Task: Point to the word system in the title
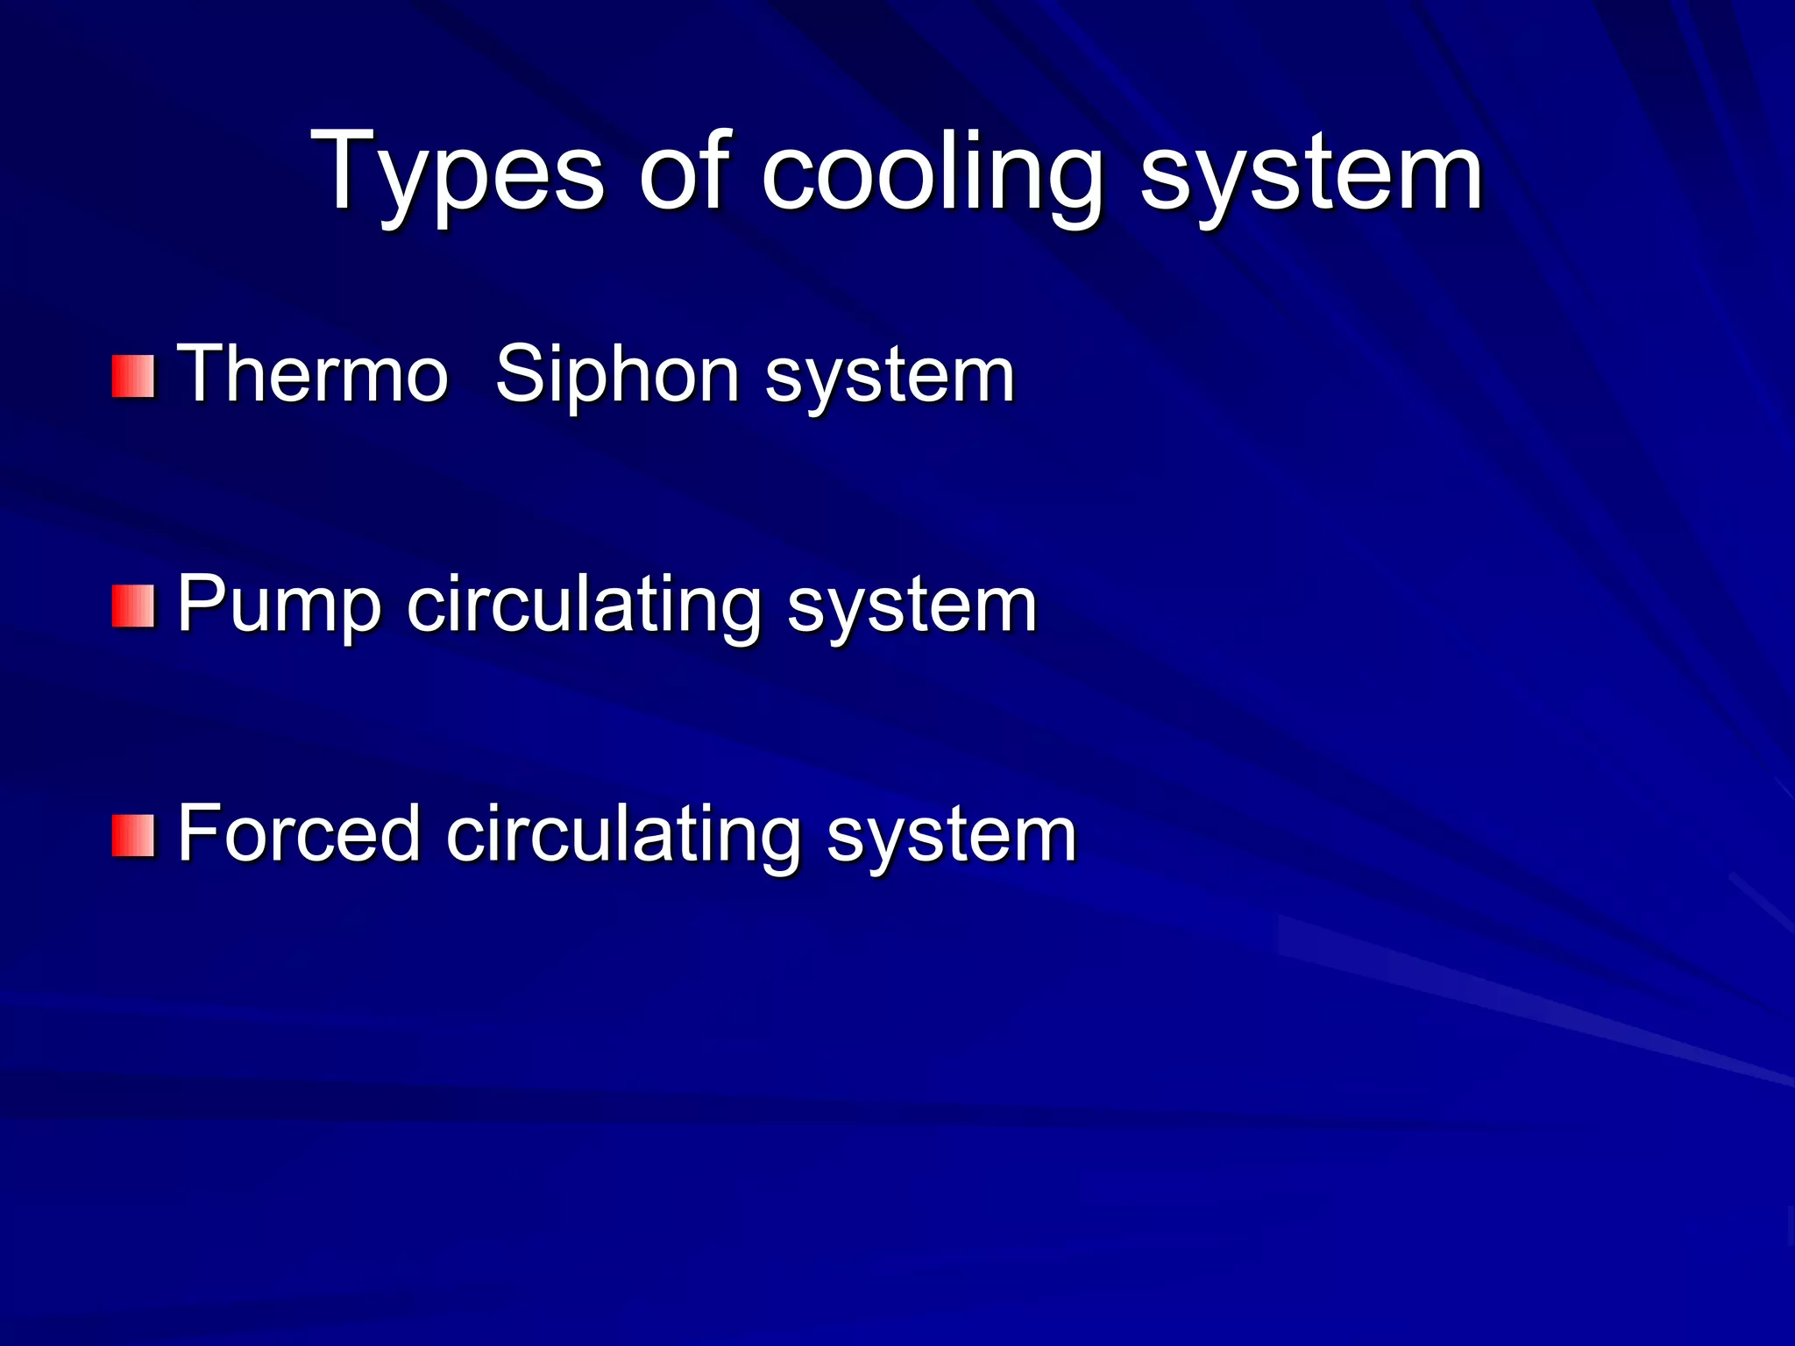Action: coord(1310,175)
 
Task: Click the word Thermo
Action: coord(313,374)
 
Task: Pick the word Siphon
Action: coord(617,374)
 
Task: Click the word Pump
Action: coord(279,605)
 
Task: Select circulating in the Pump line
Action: coord(584,605)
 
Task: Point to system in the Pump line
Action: coord(912,609)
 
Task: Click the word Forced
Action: coord(299,833)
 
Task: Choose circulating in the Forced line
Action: coord(623,833)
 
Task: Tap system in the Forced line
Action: coord(951,838)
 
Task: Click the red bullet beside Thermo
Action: coord(133,377)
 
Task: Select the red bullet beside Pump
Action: coord(133,606)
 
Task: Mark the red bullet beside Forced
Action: coord(133,835)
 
